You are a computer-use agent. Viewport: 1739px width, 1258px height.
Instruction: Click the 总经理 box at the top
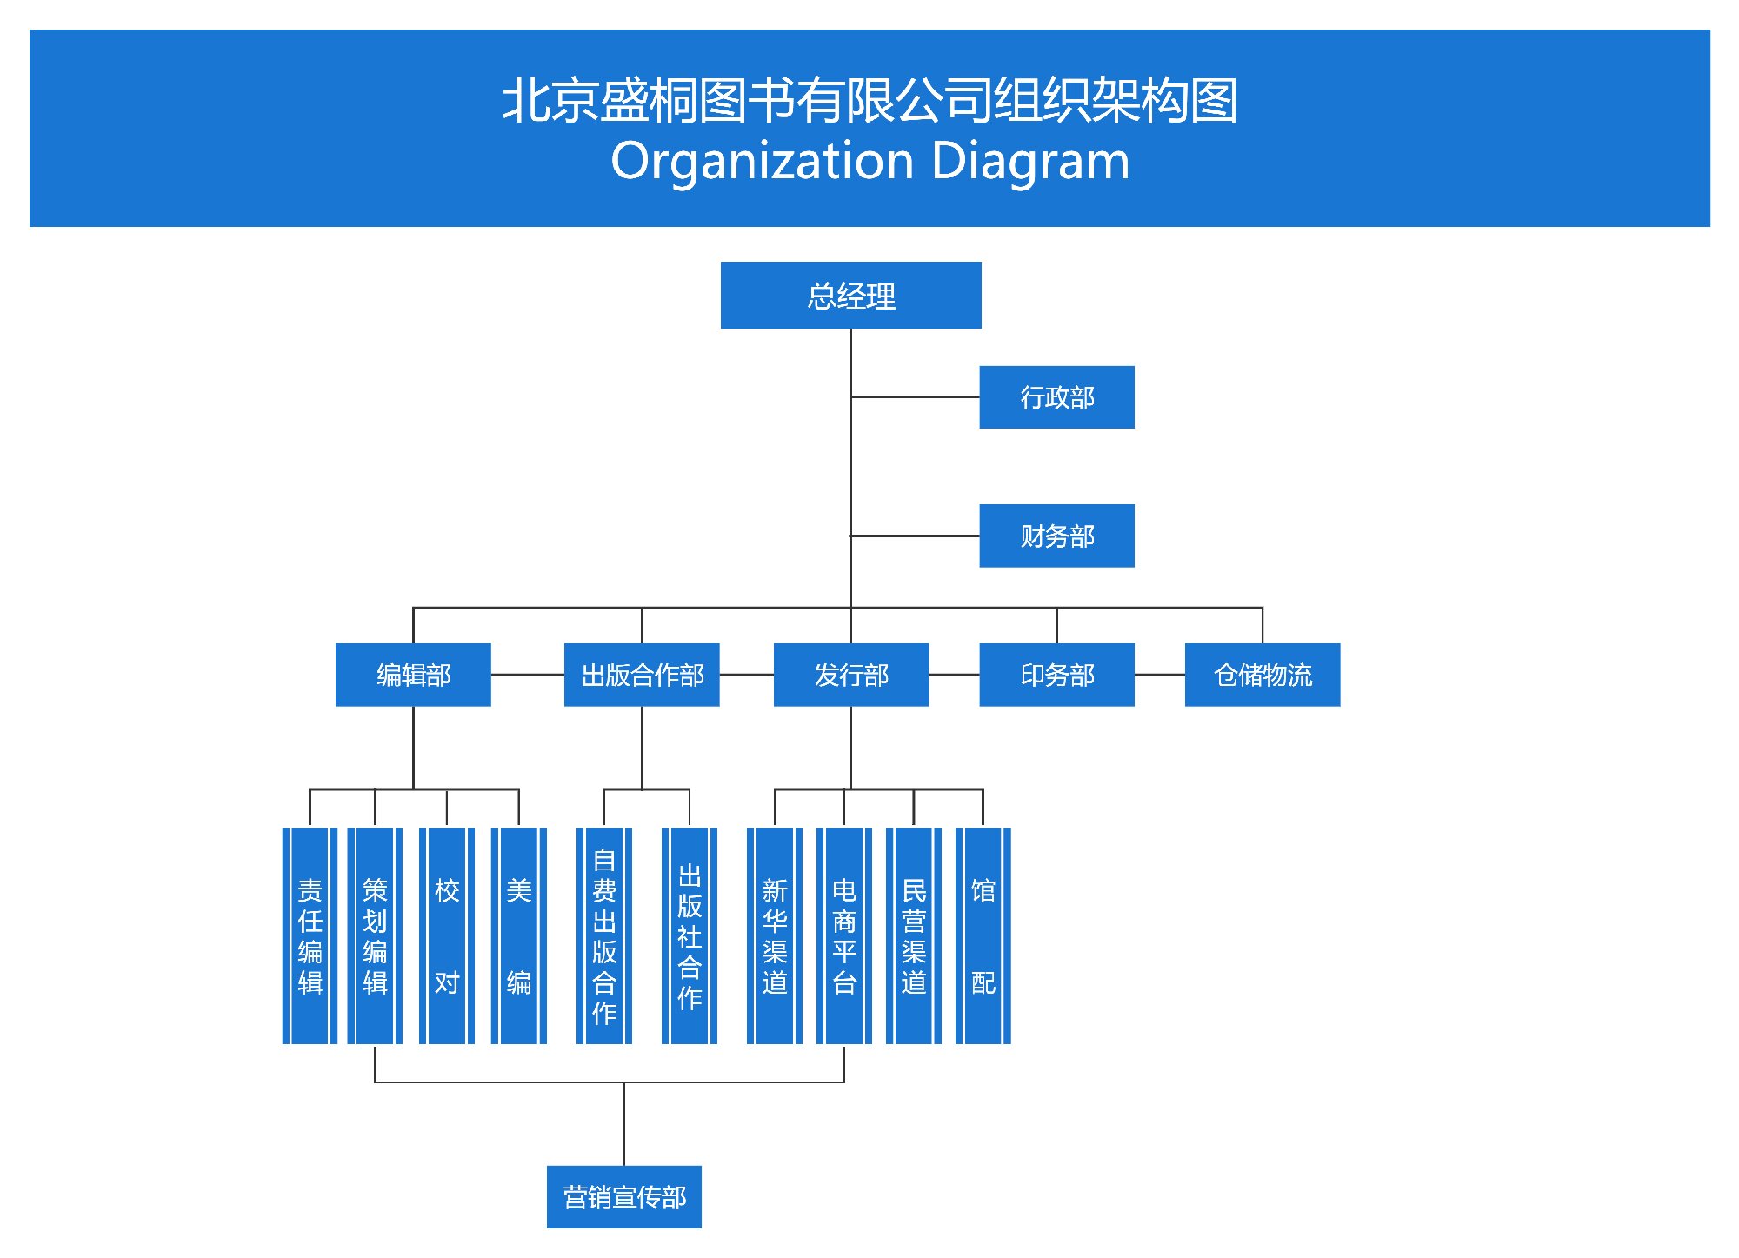pos(850,296)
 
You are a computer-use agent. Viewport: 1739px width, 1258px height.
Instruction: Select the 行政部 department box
pos(1056,397)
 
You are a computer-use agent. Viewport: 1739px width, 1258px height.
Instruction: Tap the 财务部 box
pos(1056,536)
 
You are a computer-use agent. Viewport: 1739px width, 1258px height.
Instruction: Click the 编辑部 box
pos(413,675)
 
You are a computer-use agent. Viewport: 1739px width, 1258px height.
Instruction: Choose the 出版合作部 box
pos(642,675)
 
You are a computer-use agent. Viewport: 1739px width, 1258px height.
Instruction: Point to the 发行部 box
pos(850,675)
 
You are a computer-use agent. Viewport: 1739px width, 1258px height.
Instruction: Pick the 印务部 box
pos(1056,675)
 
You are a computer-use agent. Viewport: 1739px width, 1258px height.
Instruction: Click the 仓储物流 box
pos(1262,675)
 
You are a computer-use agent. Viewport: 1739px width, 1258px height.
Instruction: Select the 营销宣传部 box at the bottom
pos(623,1197)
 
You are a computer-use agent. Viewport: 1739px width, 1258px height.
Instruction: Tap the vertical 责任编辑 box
pos(310,935)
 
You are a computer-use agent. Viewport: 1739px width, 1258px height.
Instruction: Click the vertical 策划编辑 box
pos(375,935)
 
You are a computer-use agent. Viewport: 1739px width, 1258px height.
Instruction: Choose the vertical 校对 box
pos(447,935)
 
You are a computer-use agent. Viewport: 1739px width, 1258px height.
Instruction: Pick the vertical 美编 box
pos(519,935)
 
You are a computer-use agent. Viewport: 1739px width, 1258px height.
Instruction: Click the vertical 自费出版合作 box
pos(604,935)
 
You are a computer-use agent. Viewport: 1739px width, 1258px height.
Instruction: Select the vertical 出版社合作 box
pos(690,935)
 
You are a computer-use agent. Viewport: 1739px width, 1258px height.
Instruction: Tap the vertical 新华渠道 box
pos(775,935)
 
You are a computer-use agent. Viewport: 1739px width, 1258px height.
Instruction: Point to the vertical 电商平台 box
pos(844,935)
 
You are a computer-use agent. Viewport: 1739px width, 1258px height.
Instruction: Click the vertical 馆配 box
pos(983,935)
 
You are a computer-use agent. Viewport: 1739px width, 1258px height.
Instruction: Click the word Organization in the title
pos(763,162)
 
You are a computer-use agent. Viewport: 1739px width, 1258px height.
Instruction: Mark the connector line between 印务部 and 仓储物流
pos(1159,675)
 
